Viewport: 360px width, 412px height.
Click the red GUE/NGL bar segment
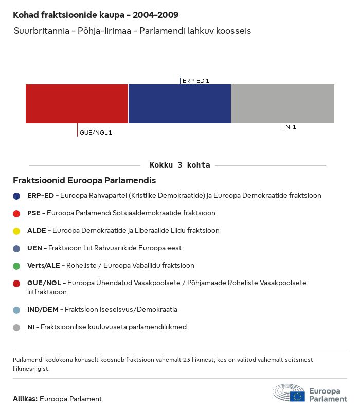(77, 104)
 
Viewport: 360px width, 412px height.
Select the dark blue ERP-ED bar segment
(179, 104)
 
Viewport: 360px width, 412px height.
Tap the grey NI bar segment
(283, 104)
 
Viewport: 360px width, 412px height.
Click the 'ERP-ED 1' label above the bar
(195, 81)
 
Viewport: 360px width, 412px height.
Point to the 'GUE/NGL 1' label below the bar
(96, 133)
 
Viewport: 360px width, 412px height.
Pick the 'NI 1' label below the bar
(291, 127)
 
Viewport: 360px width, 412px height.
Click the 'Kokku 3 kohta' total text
(179, 165)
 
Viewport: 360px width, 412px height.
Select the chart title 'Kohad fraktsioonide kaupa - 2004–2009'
(96, 15)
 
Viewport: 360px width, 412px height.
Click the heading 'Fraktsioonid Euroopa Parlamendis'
(84, 181)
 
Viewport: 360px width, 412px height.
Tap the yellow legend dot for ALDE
(16, 231)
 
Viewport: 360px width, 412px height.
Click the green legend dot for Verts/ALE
(16, 266)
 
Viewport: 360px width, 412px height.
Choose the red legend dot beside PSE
(16, 213)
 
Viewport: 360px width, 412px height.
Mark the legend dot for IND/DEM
(16, 310)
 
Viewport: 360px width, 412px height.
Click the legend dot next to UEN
(16, 248)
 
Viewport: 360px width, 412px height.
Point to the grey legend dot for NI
(16, 327)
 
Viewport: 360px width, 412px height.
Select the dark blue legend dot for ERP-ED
(16, 196)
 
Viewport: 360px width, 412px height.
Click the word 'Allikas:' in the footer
(25, 399)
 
